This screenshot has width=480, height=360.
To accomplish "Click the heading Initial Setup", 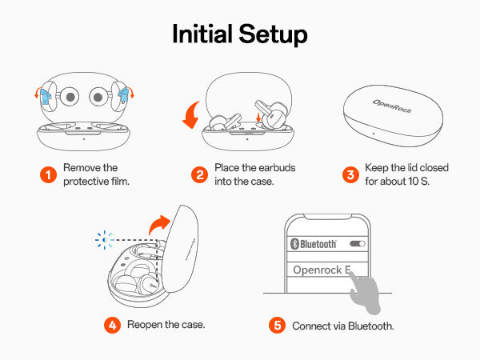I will (x=240, y=35).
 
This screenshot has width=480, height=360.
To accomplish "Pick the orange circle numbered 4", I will (x=113, y=326).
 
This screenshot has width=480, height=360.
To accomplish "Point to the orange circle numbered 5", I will (x=278, y=326).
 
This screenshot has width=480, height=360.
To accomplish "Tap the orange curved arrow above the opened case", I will (x=162, y=226).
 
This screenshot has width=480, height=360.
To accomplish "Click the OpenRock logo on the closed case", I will (x=392, y=106).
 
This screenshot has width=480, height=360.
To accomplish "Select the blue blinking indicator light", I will (x=102, y=238).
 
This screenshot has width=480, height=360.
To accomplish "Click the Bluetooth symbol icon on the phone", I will (x=293, y=243).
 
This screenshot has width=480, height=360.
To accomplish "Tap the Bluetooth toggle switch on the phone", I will (x=358, y=243).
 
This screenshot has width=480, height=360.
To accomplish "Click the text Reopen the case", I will (x=171, y=326).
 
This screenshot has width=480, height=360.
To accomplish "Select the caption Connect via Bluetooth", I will (x=342, y=326).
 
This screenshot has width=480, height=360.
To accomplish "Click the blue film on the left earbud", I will (x=46, y=99).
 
